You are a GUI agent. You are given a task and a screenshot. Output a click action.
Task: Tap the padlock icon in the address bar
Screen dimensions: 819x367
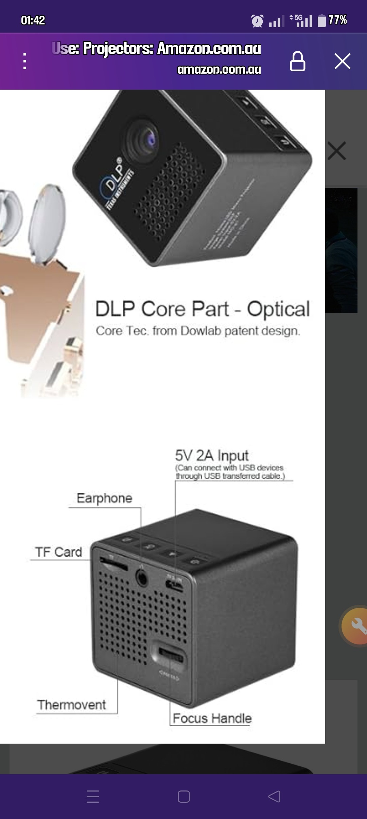tap(297, 61)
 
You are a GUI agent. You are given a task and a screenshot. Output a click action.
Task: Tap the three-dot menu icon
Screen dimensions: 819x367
tap(24, 61)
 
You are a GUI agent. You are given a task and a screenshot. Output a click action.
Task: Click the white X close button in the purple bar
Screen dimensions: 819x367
tap(342, 61)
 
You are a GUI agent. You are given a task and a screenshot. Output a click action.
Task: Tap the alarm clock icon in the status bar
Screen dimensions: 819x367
tap(257, 21)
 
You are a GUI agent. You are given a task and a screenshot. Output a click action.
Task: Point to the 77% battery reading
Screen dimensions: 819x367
tap(337, 20)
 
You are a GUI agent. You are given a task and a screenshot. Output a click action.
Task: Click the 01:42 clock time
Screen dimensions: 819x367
tap(33, 20)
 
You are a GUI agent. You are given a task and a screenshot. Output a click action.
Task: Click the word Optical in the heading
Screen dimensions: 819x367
tap(278, 309)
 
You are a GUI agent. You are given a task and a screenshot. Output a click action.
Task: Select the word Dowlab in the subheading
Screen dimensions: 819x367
tap(201, 331)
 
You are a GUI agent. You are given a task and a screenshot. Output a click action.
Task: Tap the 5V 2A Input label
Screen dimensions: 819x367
tap(212, 455)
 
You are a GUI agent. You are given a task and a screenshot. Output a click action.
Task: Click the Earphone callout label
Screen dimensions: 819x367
tap(104, 498)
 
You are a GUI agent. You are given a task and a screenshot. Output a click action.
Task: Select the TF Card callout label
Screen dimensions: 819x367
tap(58, 552)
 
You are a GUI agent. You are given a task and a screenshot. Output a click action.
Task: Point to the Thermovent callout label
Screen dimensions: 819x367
tap(72, 705)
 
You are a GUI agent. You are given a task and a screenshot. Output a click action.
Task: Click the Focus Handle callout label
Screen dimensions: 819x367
tap(212, 718)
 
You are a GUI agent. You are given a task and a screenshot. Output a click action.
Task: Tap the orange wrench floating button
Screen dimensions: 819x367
tap(355, 625)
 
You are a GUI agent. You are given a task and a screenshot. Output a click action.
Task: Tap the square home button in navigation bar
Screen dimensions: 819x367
tap(183, 797)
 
